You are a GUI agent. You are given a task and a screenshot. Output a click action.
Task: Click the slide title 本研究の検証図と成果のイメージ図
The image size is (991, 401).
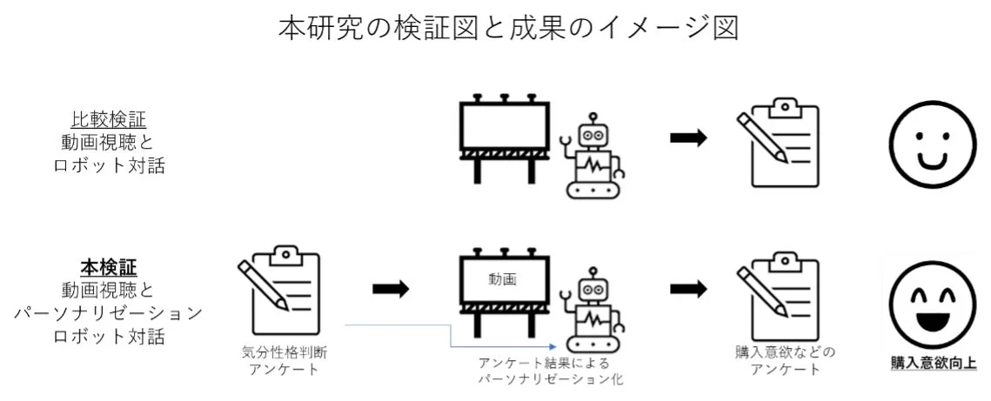coord(507,28)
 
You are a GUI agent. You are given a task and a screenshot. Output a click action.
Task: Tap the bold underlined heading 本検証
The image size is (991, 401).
coord(109,265)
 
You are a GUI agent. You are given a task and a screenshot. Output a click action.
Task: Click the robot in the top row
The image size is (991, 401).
coord(594,157)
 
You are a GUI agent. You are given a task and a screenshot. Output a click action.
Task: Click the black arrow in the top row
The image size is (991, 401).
coord(687,139)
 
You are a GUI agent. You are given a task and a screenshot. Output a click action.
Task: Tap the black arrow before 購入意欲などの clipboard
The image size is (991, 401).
coord(687,288)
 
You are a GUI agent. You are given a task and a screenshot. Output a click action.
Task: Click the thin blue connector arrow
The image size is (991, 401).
coord(400,326)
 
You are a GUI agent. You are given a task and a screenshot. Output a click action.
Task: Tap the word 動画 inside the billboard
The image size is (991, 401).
coord(503,280)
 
